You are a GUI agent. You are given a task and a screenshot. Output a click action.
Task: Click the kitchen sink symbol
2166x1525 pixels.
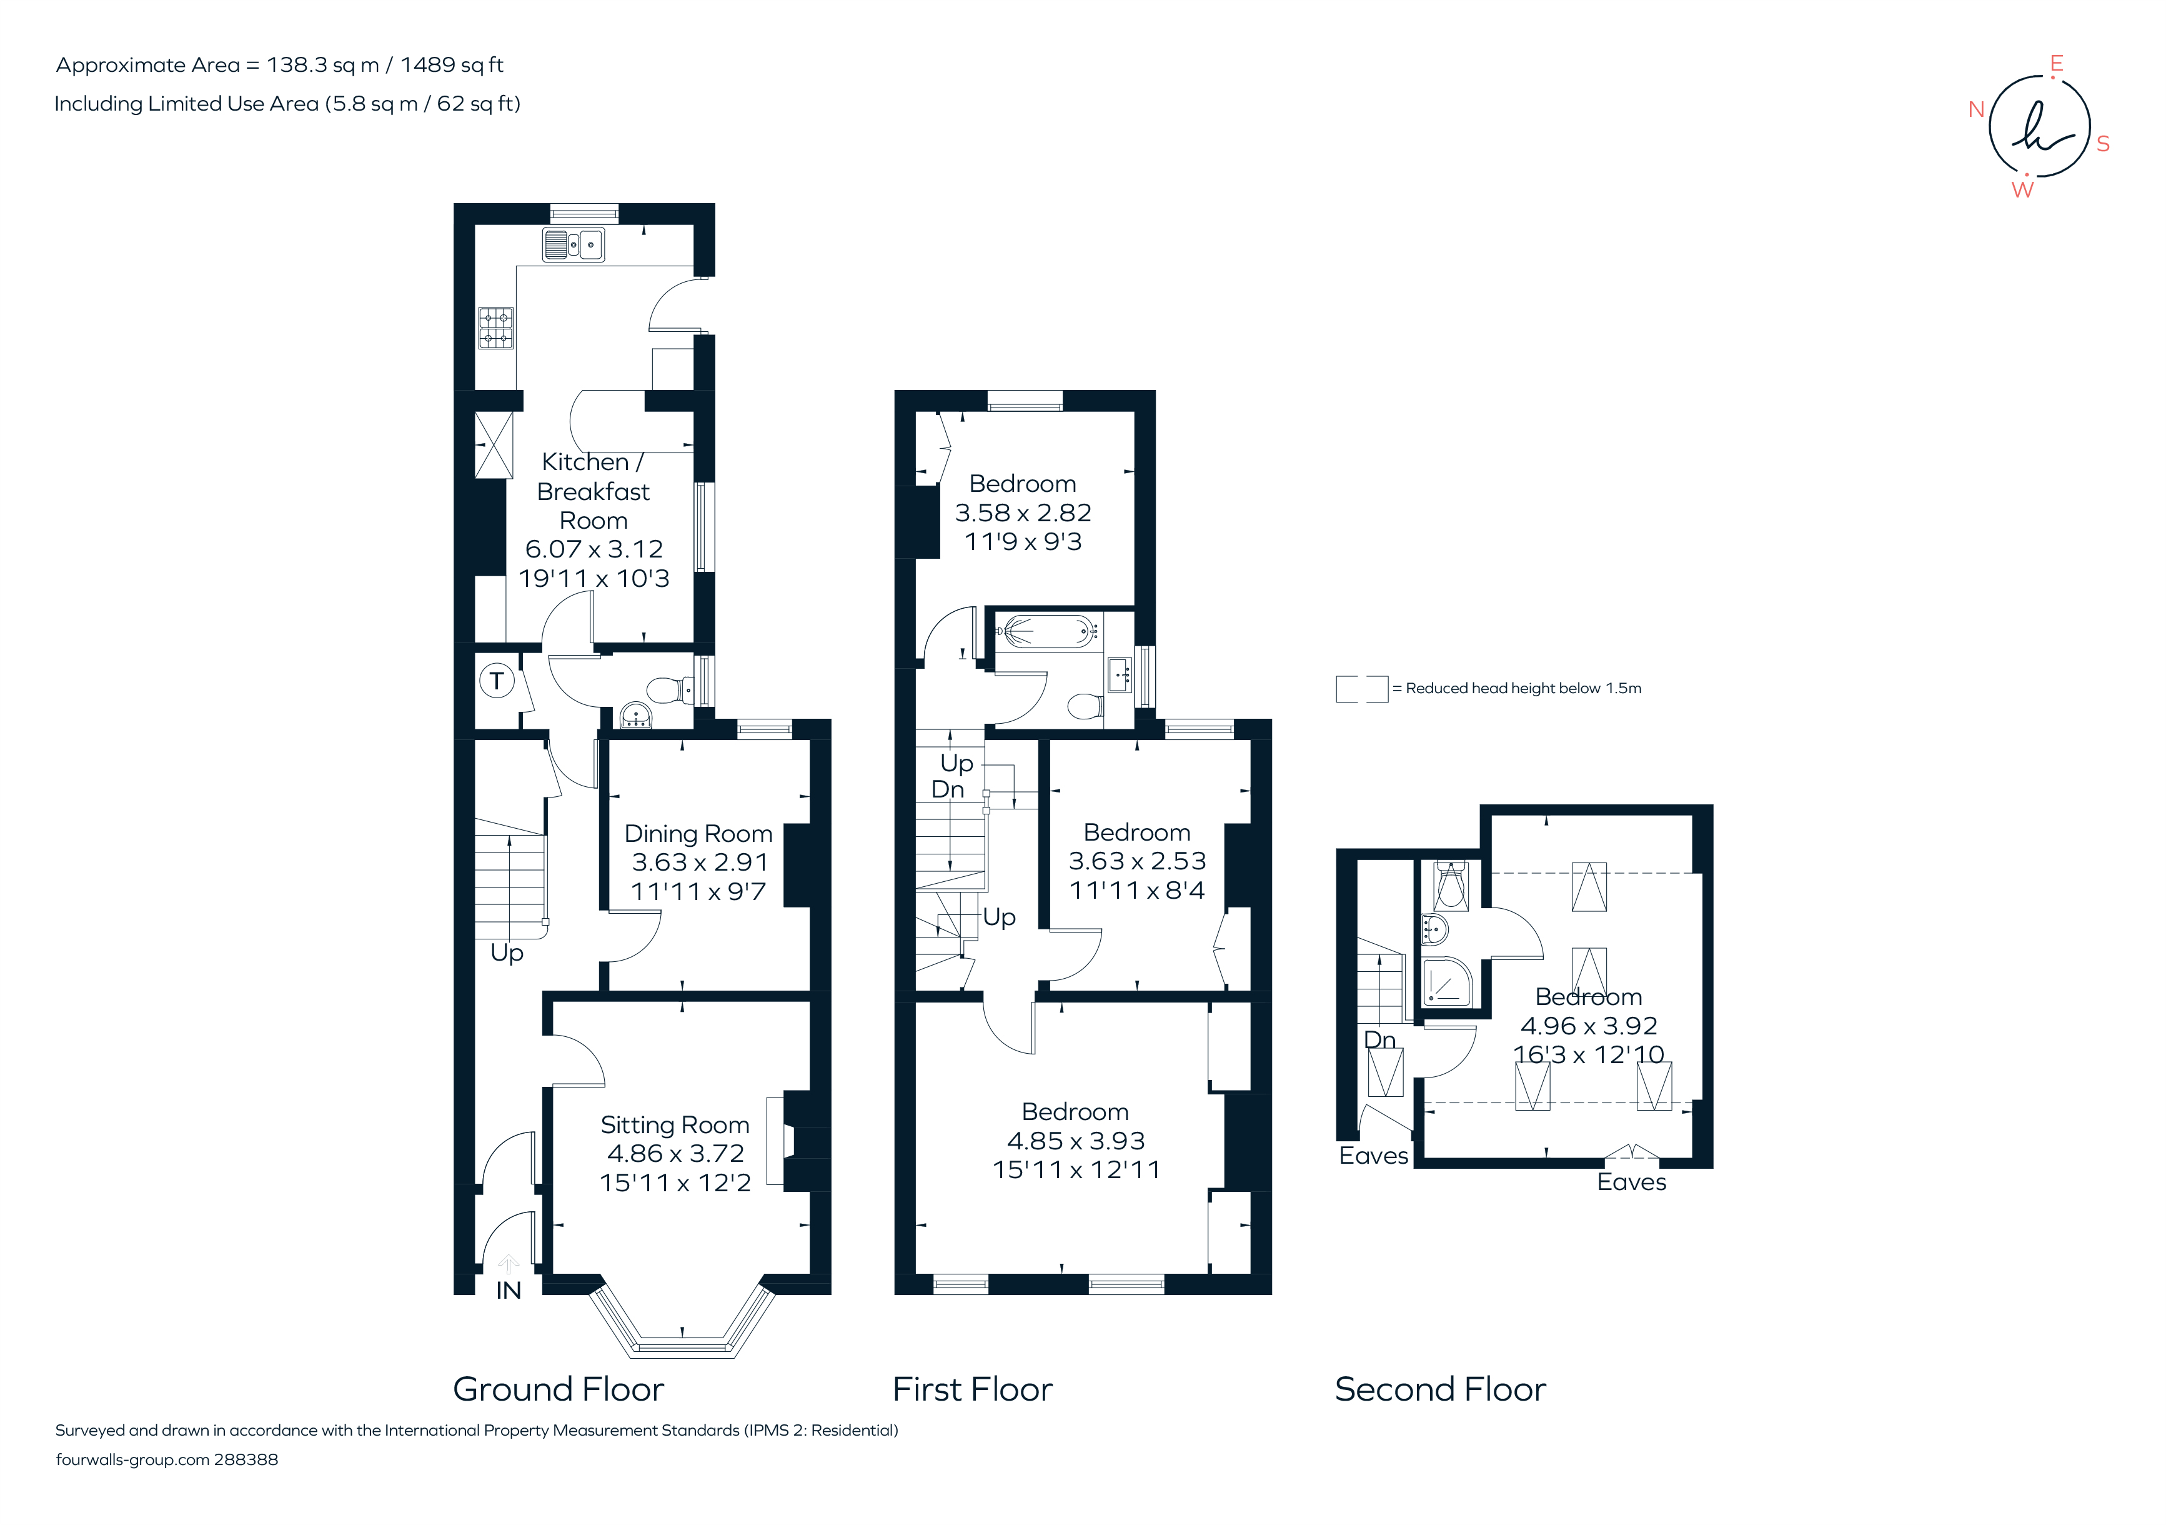(573, 246)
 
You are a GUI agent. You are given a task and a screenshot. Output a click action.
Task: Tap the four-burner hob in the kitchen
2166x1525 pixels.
(496, 328)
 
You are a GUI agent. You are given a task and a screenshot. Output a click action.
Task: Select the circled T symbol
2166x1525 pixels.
(496, 681)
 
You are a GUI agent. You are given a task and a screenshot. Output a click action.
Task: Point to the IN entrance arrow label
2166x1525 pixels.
(509, 1290)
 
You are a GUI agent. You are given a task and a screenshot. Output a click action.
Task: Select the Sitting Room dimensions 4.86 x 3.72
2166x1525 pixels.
(675, 1153)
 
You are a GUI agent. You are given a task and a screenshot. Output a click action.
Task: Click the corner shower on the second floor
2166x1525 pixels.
(1446, 982)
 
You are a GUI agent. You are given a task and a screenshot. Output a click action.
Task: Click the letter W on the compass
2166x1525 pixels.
(2022, 189)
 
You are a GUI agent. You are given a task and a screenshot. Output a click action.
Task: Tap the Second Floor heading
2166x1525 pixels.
(1439, 1389)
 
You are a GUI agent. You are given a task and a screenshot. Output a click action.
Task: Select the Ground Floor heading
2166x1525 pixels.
(559, 1389)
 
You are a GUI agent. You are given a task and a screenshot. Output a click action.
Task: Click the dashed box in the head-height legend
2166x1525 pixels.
(1361, 689)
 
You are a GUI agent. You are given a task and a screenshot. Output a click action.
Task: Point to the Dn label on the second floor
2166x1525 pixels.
(1379, 1040)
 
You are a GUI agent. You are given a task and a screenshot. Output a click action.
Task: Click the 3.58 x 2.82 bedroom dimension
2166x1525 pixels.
(1023, 512)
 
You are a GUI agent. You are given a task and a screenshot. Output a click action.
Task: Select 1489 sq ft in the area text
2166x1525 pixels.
(452, 65)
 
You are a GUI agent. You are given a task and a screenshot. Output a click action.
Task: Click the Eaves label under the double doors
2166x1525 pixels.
(1631, 1182)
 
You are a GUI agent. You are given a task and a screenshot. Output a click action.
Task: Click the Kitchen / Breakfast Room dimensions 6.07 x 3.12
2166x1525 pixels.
(594, 549)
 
